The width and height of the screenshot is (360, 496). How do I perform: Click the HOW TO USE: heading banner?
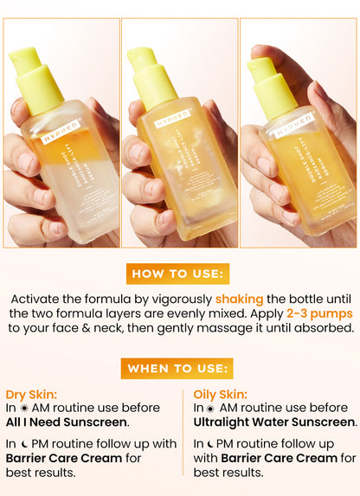tap(179, 274)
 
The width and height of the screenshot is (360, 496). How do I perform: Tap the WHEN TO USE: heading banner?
tap(179, 369)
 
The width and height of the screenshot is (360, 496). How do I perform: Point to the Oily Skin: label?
tap(221, 394)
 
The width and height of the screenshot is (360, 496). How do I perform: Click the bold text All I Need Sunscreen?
tap(66, 422)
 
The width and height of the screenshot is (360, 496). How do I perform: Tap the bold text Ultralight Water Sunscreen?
tap(274, 422)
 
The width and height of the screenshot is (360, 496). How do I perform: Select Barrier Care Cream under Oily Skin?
tap(277, 458)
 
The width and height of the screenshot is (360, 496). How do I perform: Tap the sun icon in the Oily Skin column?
tap(211, 408)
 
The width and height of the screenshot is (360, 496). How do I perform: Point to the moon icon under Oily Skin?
tap(211, 444)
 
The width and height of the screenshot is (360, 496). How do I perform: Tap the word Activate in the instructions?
tap(33, 297)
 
